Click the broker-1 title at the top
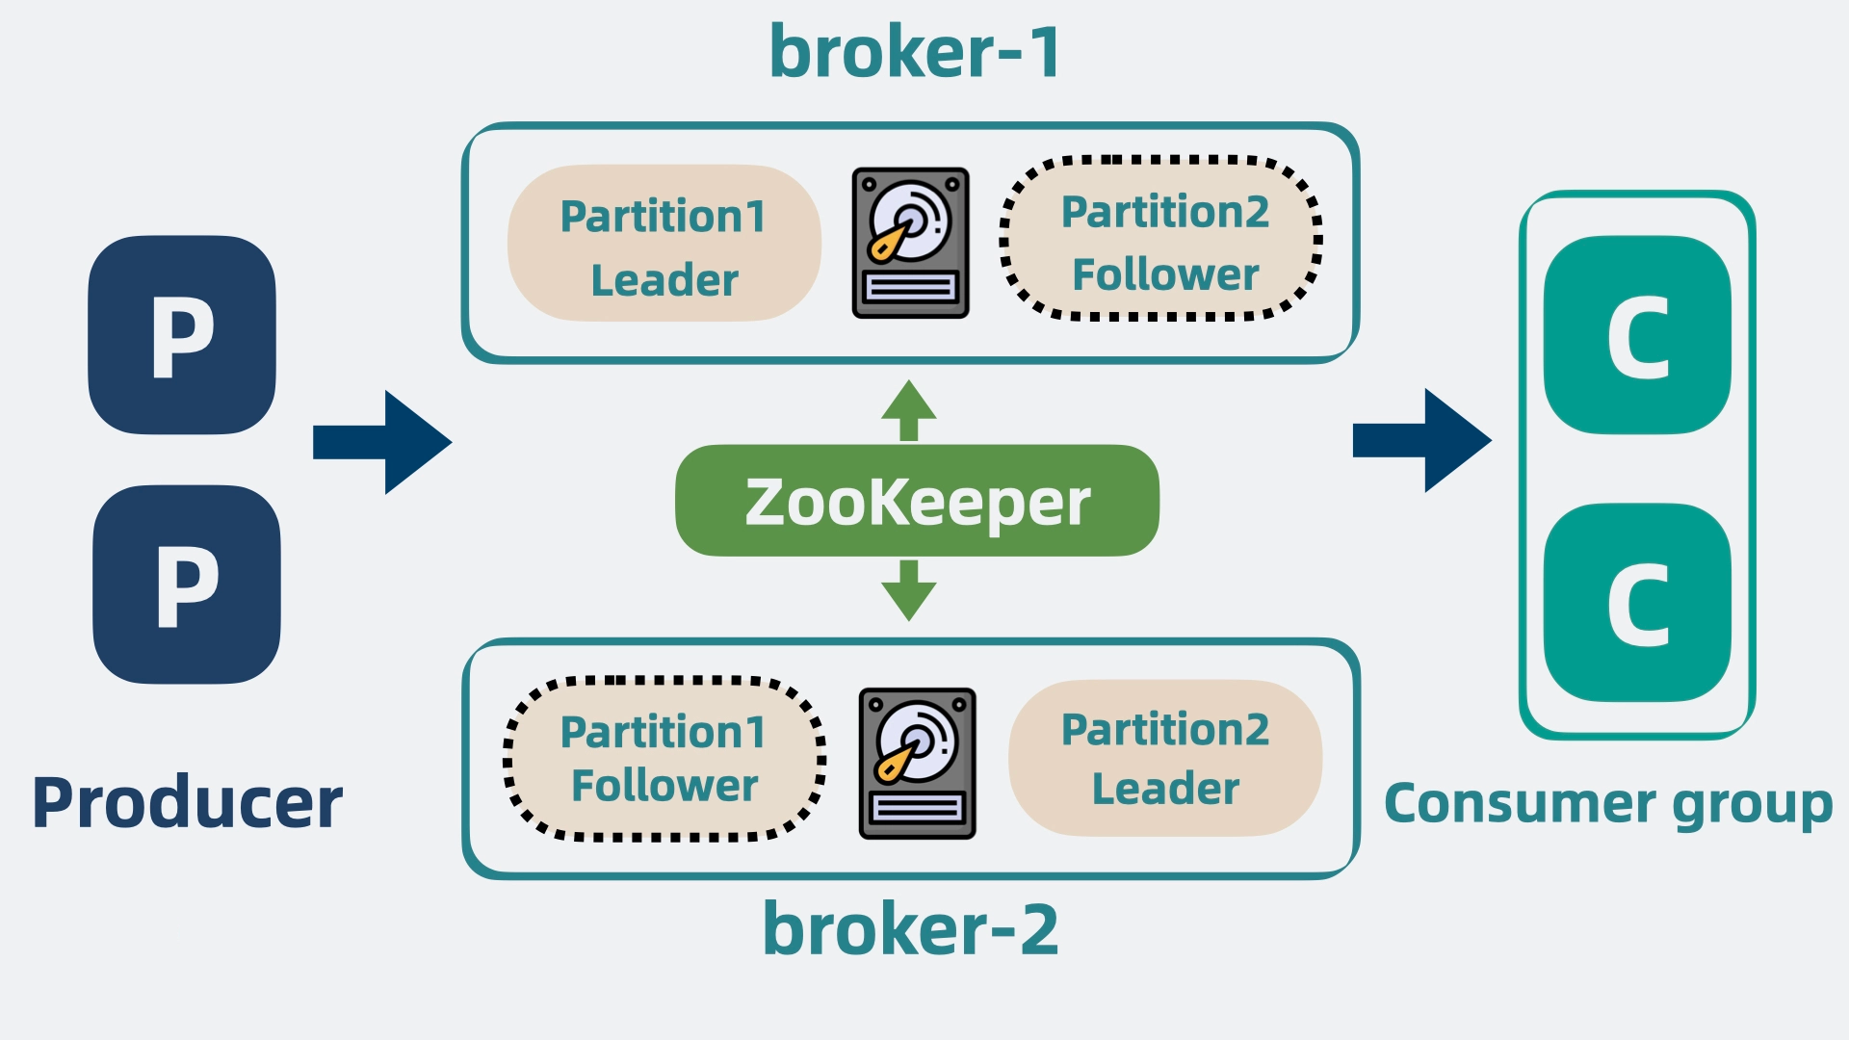coord(915,51)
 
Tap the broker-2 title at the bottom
coord(910,928)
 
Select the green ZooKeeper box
coord(917,501)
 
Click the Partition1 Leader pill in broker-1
coord(664,243)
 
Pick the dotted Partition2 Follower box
coord(1161,238)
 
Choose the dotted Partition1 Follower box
coord(664,758)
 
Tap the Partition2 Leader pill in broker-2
coord(1165,758)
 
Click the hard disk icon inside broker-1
coord(910,243)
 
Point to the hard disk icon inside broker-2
coord(917,763)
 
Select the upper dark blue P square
coord(182,334)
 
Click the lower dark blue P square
coord(187,585)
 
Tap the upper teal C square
coord(1637,335)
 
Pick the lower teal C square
coord(1637,603)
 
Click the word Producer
coord(187,802)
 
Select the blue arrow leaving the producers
coord(382,442)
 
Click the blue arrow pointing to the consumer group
coord(1422,441)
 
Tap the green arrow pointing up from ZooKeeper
coord(909,410)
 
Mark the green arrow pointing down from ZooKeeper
coord(909,590)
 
